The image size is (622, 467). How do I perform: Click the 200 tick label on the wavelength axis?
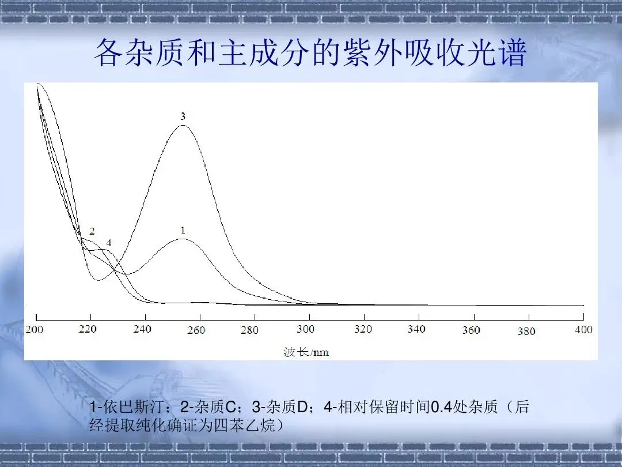pyautogui.click(x=34, y=329)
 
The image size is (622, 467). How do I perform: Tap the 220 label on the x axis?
pyautogui.click(x=88, y=329)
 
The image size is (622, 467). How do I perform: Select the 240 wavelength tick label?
pyautogui.click(x=142, y=329)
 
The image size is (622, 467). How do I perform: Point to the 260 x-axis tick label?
pyautogui.click(x=196, y=330)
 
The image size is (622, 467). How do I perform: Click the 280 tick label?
pyautogui.click(x=249, y=330)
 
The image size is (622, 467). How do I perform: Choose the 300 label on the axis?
pyautogui.click(x=305, y=329)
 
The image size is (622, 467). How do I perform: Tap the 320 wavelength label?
pyautogui.click(x=363, y=329)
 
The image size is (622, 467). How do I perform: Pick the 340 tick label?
pyautogui.click(x=416, y=329)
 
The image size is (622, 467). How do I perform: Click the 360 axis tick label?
pyautogui.click(x=471, y=330)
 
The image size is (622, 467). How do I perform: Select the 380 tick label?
pyautogui.click(x=526, y=331)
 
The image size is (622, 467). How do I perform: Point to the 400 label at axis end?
pyautogui.click(x=583, y=330)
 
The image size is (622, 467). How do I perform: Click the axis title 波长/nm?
pyautogui.click(x=306, y=352)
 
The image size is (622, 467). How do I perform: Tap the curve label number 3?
pyautogui.click(x=183, y=116)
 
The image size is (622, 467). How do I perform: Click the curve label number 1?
pyautogui.click(x=183, y=230)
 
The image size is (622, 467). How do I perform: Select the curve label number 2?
pyautogui.click(x=92, y=231)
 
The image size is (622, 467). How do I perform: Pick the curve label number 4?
pyautogui.click(x=109, y=243)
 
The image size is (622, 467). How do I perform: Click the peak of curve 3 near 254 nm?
pyautogui.click(x=183, y=126)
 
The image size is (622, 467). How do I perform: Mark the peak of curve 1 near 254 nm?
pyautogui.click(x=183, y=239)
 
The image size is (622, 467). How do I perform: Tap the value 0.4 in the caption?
pyautogui.click(x=442, y=407)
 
